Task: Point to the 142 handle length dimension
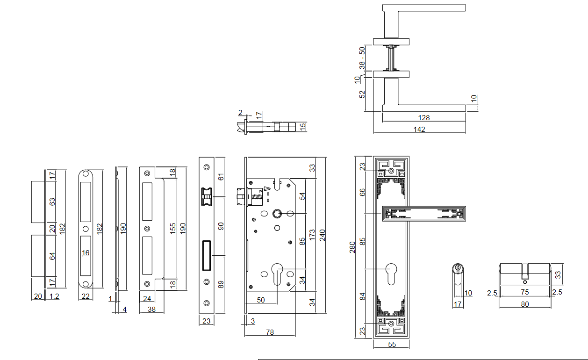(419, 130)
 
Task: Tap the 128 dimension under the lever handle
(424, 117)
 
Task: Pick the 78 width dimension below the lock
(270, 332)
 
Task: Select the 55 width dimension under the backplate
(392, 345)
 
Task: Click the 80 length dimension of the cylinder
(524, 304)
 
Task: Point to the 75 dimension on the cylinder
(524, 292)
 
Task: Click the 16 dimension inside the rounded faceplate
(86, 253)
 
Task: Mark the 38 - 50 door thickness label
(362, 58)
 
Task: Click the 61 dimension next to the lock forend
(221, 177)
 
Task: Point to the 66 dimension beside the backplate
(362, 193)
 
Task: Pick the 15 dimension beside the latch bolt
(302, 126)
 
